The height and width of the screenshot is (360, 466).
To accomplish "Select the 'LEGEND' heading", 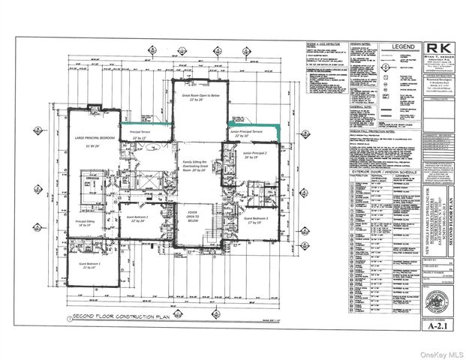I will tap(387, 49).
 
